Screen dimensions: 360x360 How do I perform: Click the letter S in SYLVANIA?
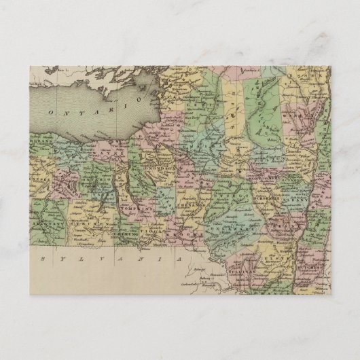pos(42,259)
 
